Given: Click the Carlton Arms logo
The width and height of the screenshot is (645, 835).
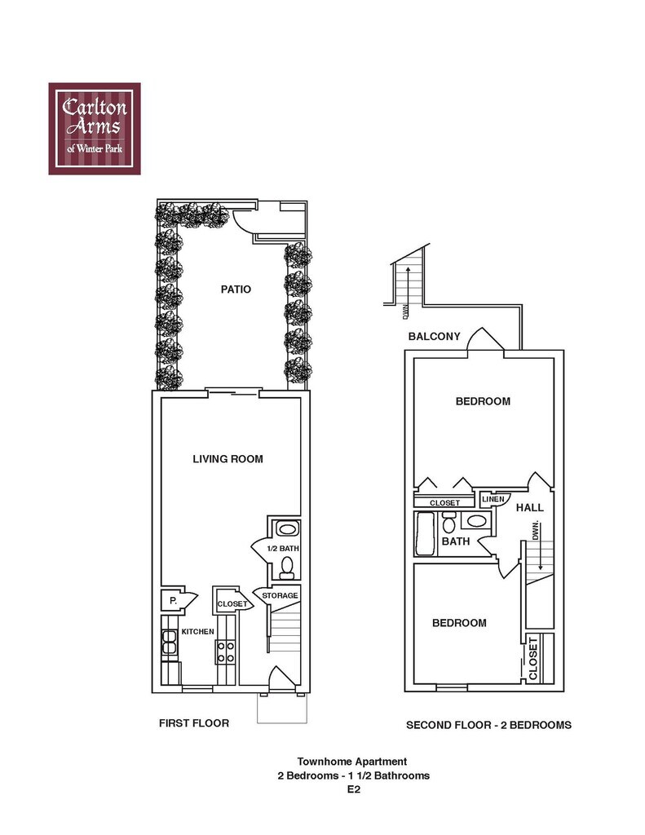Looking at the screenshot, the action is click(x=95, y=128).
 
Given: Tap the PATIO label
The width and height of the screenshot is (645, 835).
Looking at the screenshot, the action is click(x=236, y=289).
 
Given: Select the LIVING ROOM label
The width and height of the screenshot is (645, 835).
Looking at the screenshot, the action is click(x=228, y=459).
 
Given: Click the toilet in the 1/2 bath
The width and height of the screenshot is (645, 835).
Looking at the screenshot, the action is click(x=286, y=566).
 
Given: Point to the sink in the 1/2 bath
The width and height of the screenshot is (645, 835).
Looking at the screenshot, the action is click(x=285, y=528).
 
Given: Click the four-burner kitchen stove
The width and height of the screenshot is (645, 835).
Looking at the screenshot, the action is click(x=225, y=650).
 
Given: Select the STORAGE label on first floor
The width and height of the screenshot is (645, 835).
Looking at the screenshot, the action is click(x=280, y=595).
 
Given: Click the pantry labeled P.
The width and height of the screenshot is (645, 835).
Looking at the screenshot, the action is click(x=174, y=600).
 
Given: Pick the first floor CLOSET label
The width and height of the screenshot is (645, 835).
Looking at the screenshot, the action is click(x=232, y=604).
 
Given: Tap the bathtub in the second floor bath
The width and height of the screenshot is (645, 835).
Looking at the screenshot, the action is click(x=426, y=534).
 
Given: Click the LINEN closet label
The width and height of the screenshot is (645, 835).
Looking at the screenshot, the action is click(x=493, y=499).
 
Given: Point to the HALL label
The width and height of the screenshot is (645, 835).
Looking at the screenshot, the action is click(x=529, y=507).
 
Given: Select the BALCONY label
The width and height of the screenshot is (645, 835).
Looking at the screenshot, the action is click(x=435, y=336).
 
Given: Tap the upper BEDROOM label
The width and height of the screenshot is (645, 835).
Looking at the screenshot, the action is click(x=483, y=401).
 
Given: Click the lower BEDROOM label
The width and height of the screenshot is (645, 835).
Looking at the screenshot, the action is click(x=459, y=623).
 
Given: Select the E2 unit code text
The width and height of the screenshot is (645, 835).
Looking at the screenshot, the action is click(x=353, y=789).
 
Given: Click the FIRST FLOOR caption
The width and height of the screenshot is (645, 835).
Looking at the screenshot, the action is click(x=194, y=722).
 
